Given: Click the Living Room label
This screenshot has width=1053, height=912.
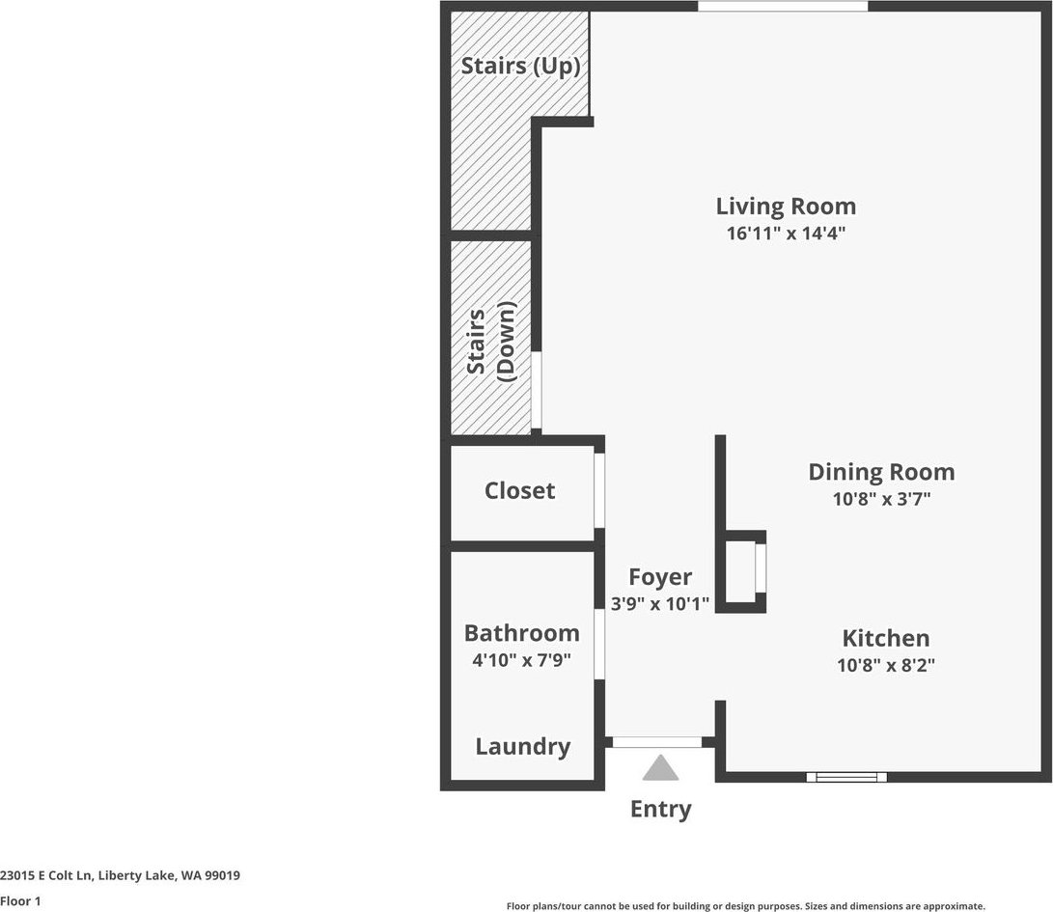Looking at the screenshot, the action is click(x=786, y=207).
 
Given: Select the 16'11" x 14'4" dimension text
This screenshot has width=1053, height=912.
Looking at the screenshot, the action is click(x=786, y=233).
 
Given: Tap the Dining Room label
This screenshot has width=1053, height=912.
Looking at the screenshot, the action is click(x=881, y=472).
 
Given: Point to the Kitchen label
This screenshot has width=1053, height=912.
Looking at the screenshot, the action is click(x=886, y=637).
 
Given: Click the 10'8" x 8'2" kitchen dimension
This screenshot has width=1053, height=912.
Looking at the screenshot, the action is click(x=886, y=665).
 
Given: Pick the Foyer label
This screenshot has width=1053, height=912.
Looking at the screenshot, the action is click(x=660, y=577).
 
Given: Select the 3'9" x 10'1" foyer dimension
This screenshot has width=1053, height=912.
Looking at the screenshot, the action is click(x=660, y=604).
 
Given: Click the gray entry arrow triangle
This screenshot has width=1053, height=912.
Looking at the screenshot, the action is click(x=660, y=767).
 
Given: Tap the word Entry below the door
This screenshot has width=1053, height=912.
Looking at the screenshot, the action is click(x=661, y=810).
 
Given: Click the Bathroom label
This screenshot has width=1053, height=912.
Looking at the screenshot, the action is click(x=522, y=633).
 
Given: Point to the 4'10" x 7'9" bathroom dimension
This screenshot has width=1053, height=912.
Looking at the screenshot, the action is click(x=522, y=660).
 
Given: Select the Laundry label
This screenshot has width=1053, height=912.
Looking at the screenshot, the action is click(x=522, y=747).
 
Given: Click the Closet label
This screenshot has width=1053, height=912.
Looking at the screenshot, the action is click(x=520, y=491).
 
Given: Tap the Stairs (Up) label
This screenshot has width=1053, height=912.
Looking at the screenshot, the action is click(x=520, y=66).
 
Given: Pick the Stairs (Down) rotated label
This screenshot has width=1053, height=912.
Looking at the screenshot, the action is click(x=491, y=342).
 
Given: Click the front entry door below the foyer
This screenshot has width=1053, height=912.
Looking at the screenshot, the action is click(x=657, y=742).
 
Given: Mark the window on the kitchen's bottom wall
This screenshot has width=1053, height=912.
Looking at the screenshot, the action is click(x=846, y=777).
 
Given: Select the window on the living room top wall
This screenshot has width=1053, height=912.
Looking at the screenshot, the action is click(x=783, y=6).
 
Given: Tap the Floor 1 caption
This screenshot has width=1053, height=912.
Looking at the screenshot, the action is click(x=20, y=900).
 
